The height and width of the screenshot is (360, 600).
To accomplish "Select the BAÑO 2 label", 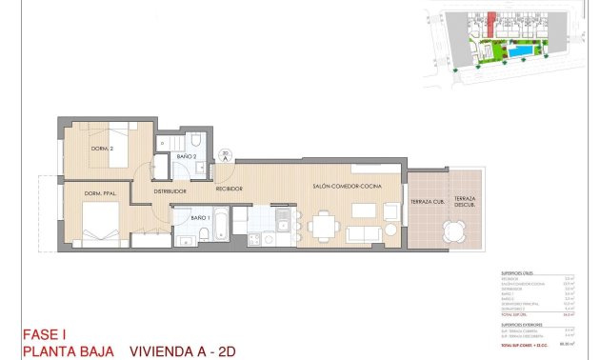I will [186, 156].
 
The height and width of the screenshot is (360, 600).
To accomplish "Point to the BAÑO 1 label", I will [200, 218].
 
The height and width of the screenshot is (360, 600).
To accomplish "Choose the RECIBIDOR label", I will [229, 189].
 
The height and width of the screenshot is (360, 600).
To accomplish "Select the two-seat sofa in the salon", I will [366, 233].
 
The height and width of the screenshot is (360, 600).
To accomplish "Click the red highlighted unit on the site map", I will [491, 21].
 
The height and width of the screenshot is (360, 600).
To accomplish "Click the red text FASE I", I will [45, 334].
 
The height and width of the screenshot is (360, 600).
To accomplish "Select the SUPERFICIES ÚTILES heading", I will [519, 274].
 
